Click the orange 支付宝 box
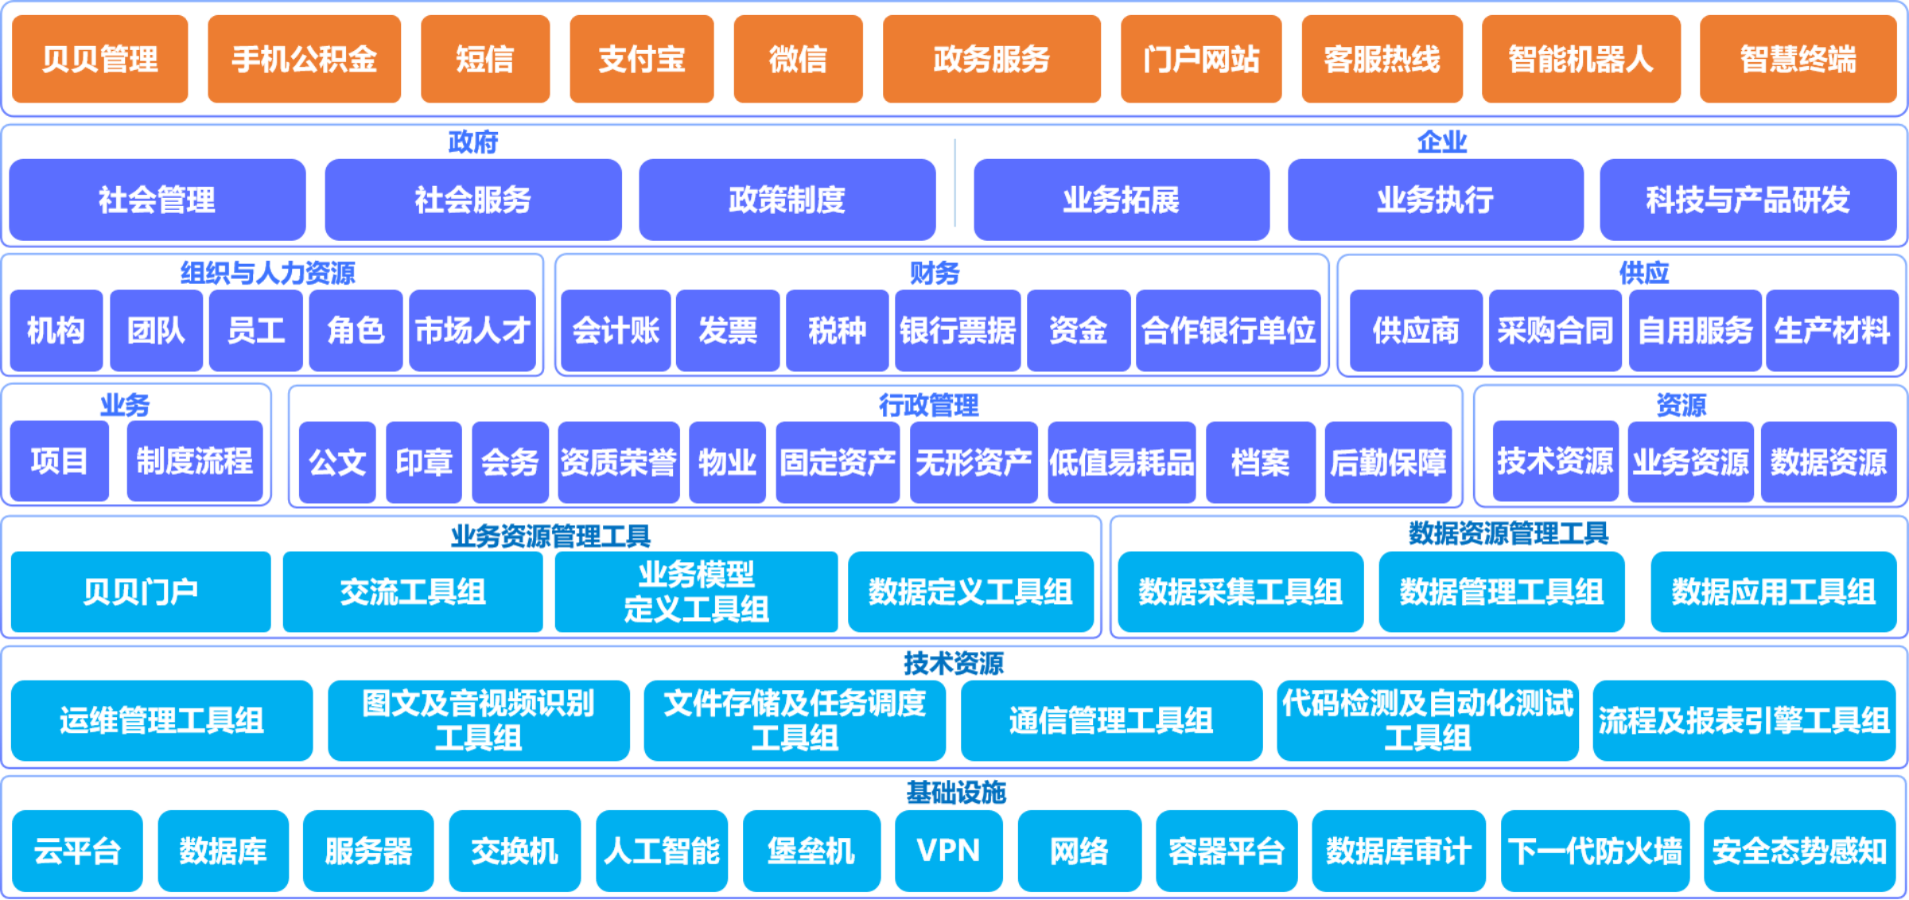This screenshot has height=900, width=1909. coord(641,59)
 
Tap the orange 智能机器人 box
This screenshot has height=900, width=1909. coord(1580,59)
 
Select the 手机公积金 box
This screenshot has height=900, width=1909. coord(304,59)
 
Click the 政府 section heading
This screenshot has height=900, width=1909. coord(473,142)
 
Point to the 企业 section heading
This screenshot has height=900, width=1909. coord(1441,142)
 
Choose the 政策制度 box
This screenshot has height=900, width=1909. coord(787,200)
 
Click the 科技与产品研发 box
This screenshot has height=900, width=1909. coord(1748,200)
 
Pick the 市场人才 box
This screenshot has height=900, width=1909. coord(472,331)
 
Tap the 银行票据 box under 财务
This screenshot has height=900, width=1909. coord(958,331)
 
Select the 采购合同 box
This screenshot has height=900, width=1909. coord(1555,331)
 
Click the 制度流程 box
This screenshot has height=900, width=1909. coord(195,461)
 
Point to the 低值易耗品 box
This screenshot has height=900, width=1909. coord(1122,463)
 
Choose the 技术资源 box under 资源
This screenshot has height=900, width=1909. coord(1555,461)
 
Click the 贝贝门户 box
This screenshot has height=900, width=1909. coord(141,592)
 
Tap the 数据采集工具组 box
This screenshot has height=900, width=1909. coord(1240,592)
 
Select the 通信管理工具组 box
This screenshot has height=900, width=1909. coord(1111,721)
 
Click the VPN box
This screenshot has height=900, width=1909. coord(948,851)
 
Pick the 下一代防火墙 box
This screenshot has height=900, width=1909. coord(1595,851)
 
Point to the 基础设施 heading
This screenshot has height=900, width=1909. coord(956,793)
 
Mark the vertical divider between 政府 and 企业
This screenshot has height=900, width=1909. coord(954,183)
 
